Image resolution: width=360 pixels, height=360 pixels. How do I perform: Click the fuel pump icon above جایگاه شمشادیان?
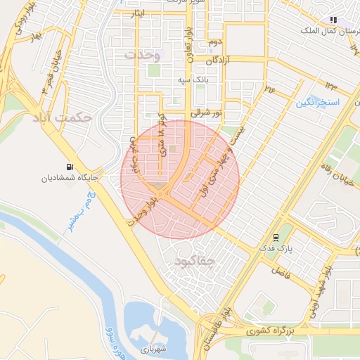(69, 167)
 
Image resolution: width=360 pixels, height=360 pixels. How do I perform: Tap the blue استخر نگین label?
(322, 103)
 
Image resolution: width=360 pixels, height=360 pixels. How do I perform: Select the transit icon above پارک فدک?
(276, 237)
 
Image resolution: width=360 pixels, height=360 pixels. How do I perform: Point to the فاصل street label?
(281, 270)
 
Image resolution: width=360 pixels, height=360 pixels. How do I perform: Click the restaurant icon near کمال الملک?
(333, 20)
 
